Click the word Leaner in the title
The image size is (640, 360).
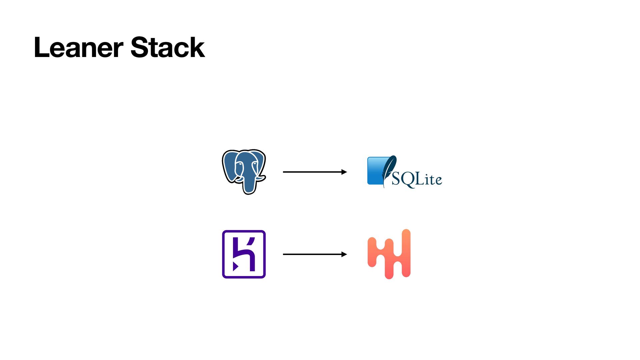[79, 47]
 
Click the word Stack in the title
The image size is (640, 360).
[167, 47]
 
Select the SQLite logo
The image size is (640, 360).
[404, 172]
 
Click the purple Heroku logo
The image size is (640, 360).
[244, 254]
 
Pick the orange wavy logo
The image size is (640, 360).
[389, 254]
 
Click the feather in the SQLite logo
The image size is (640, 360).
[389, 168]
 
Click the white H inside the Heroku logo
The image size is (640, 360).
[244, 254]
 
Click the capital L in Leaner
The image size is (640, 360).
[42, 47]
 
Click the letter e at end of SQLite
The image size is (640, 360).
[438, 180]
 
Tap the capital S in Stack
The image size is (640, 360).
[139, 47]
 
